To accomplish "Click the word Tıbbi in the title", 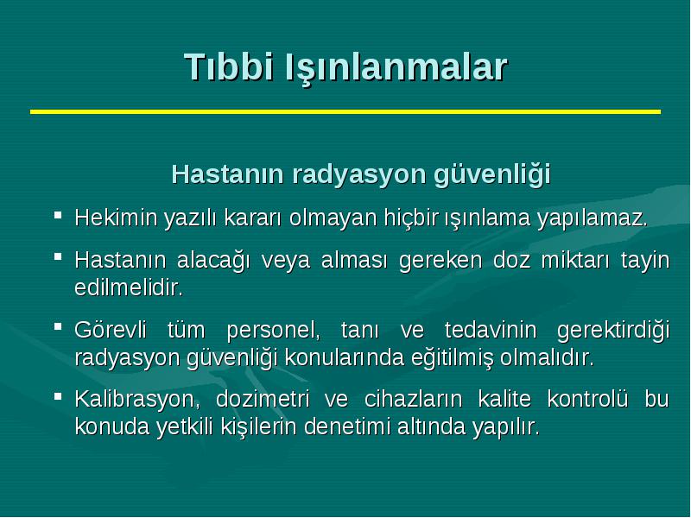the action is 229,67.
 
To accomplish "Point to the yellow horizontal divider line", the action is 345,112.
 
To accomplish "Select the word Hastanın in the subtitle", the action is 227,174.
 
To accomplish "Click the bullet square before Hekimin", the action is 58,215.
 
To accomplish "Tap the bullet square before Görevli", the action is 58,327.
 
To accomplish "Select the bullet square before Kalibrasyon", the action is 58,396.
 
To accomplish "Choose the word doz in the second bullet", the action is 511,260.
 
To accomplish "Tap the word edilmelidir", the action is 128,287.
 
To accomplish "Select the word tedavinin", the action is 491,330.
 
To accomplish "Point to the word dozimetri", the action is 263,399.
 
